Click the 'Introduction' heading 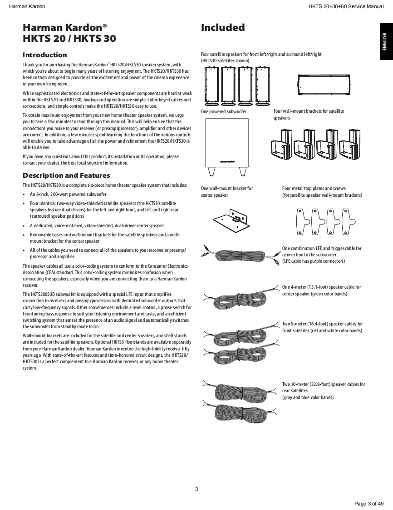(x=45, y=55)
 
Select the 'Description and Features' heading (x=66, y=175)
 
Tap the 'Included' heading (x=223, y=28)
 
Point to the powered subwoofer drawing (x=226, y=143)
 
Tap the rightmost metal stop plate (x=348, y=221)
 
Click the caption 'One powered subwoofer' (x=224, y=111)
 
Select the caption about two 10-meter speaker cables (x=323, y=391)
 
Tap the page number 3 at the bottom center (x=196, y=489)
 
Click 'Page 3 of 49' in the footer (x=368, y=503)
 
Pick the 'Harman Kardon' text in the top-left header (x=27, y=6)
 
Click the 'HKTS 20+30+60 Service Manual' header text (x=346, y=6)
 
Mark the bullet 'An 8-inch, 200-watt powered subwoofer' (x=68, y=194)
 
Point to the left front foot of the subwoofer (x=211, y=172)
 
